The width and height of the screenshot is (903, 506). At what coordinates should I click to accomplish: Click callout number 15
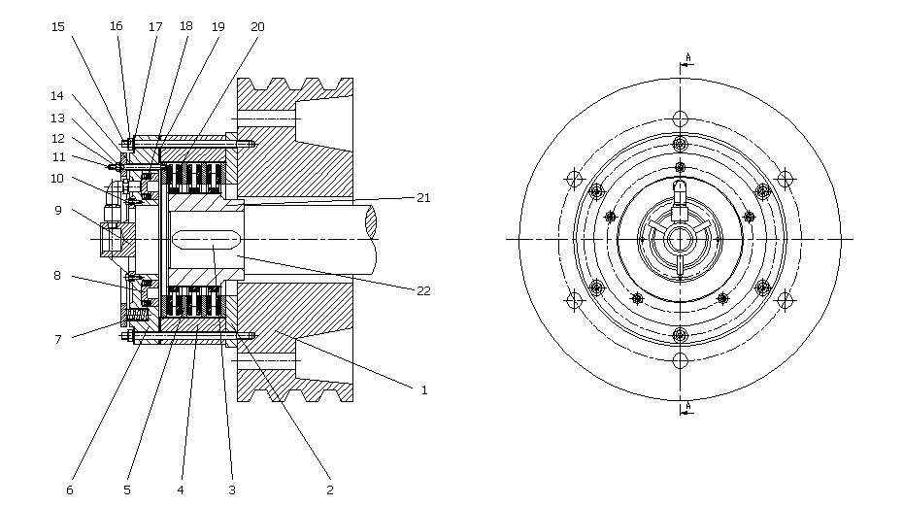coord(57,27)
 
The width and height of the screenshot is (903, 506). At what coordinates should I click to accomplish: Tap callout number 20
coord(257,27)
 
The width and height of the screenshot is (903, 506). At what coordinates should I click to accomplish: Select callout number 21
coord(423,198)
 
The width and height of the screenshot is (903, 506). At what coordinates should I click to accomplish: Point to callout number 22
coord(423,291)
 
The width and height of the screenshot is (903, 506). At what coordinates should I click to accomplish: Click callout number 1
coord(424,390)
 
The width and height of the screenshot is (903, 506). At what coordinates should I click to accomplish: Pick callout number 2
coord(330,489)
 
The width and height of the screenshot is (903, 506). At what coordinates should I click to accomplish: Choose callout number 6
coord(70,489)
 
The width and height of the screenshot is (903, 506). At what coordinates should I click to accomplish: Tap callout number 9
coord(57,211)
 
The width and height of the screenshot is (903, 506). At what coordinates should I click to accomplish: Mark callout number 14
coord(56,96)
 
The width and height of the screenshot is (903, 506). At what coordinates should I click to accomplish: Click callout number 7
coord(57,340)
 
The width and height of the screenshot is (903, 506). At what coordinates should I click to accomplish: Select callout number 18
coord(186,26)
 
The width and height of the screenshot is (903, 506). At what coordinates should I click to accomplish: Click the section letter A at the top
coord(688,57)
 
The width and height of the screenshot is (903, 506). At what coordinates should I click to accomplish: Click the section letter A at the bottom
coord(688,406)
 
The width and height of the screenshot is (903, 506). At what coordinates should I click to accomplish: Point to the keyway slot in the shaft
coord(206,239)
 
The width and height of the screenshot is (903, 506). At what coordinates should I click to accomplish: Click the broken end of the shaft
coord(370,221)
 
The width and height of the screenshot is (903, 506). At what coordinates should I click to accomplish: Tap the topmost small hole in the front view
coord(680,118)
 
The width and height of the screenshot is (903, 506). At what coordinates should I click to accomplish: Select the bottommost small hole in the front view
coord(680,360)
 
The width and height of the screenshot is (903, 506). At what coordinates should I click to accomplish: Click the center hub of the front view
coord(680,239)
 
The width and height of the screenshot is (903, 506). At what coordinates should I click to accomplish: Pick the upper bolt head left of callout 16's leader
coord(125,143)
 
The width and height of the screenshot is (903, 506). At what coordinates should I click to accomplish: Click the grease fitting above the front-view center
coord(680,199)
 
